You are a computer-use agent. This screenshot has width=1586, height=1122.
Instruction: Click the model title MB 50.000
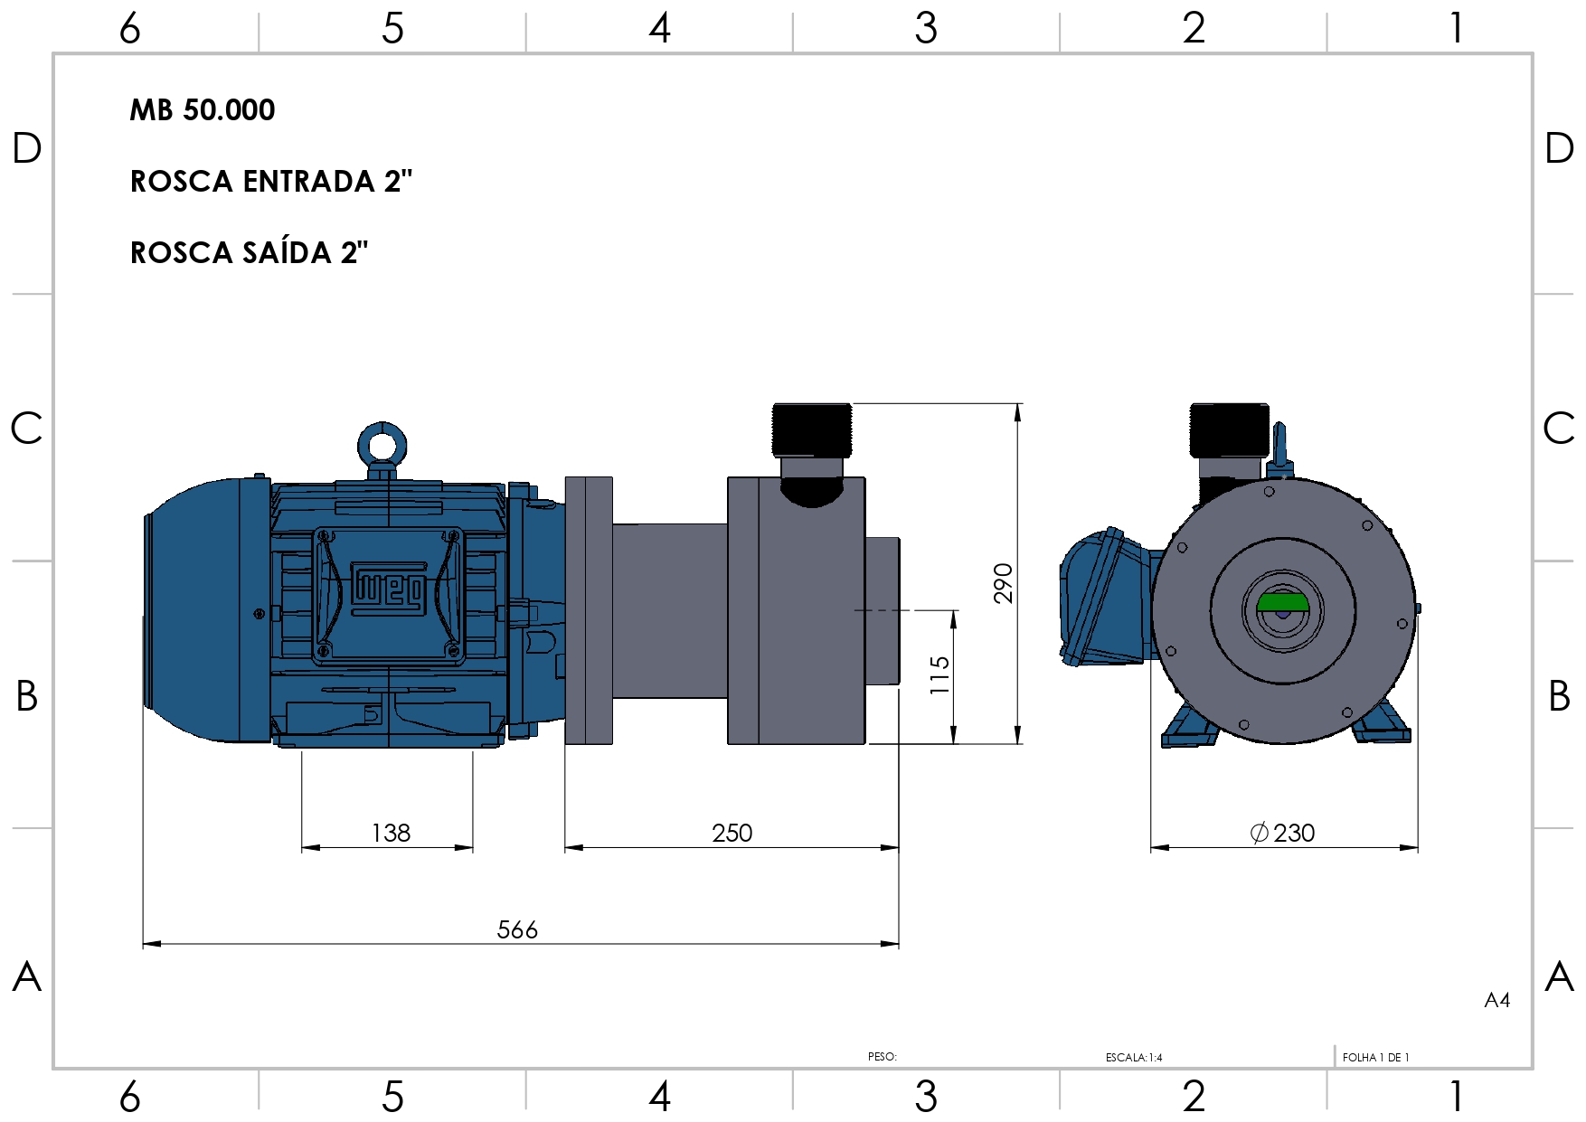[x=202, y=110]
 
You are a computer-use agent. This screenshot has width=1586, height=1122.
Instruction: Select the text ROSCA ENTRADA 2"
[x=270, y=182]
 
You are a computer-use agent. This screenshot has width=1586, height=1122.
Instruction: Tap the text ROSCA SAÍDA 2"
[x=249, y=253]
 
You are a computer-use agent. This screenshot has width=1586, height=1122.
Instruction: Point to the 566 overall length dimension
[x=517, y=929]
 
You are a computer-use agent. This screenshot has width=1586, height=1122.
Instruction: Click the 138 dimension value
[x=391, y=833]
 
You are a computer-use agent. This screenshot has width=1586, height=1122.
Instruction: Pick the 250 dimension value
[x=732, y=833]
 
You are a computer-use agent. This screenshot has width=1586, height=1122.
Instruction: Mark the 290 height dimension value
[x=1003, y=583]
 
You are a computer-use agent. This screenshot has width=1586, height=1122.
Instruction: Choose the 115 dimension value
[x=939, y=675]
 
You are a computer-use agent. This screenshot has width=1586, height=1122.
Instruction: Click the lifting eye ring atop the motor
[x=382, y=445]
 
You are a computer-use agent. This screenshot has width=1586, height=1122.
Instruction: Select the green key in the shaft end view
[x=1282, y=602]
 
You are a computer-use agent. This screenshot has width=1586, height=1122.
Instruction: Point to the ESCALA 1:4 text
[x=1134, y=1057]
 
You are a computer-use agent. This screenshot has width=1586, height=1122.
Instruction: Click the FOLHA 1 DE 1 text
[x=1375, y=1057]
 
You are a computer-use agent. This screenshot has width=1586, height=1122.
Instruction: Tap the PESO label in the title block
[x=882, y=1056]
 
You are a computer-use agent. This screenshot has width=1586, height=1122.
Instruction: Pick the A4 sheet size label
[x=1496, y=1000]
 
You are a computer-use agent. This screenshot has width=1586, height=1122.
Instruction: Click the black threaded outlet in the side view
[x=812, y=429]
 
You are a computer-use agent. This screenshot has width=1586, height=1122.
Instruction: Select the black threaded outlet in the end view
[x=1229, y=429]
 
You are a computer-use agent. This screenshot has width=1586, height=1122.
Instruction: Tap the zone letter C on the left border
[x=27, y=428]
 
